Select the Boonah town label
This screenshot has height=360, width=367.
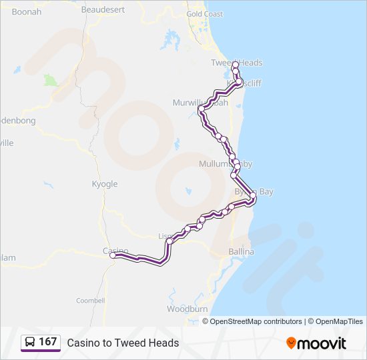27,12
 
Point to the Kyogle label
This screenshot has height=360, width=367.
104,184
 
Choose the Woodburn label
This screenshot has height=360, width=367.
187,309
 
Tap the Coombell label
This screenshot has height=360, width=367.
90,301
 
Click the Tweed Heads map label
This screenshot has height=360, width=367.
236,63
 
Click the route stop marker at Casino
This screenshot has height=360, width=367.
113,255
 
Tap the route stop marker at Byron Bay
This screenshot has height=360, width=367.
252,195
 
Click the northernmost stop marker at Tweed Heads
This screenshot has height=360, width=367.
235,65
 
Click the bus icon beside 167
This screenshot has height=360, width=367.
30,342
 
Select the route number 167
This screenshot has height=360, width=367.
48,342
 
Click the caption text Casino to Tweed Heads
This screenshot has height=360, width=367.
123,343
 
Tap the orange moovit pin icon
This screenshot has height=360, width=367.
291,343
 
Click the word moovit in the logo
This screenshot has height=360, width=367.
322,343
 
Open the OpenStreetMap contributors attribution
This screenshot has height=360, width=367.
256,321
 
